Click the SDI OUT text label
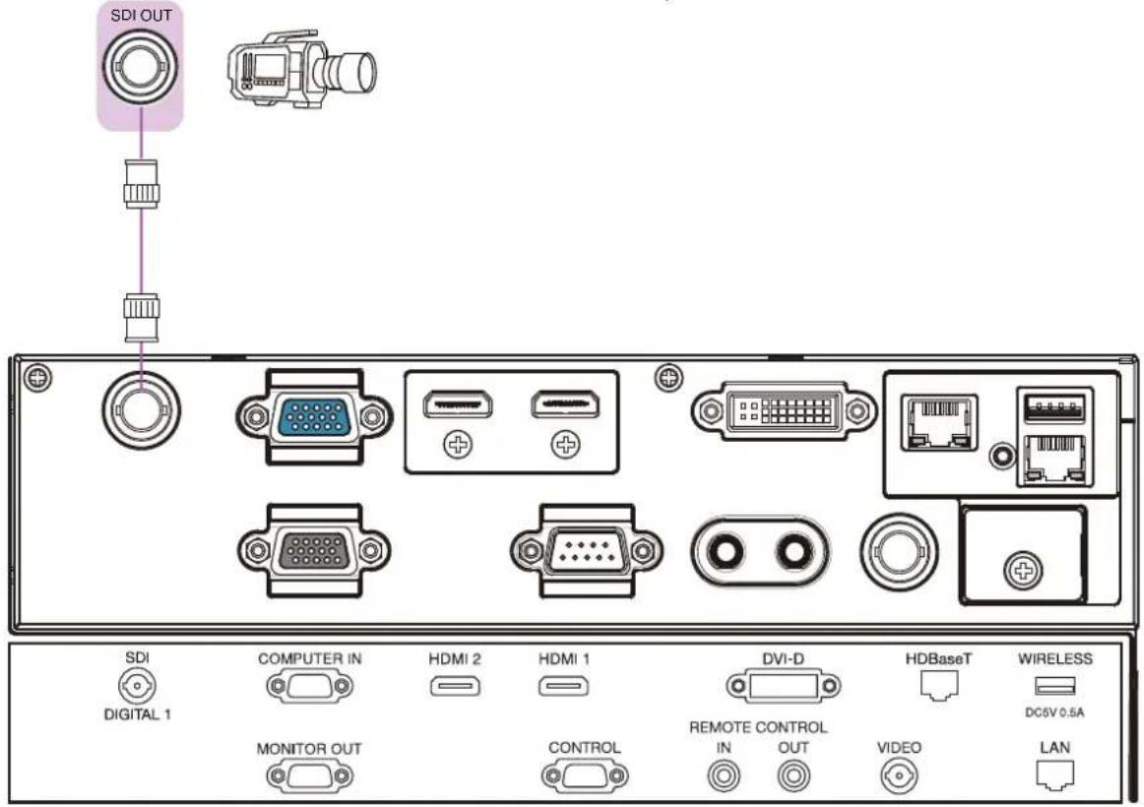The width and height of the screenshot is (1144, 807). pyautogui.click(x=141, y=15)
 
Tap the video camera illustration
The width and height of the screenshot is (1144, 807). pyautogui.click(x=303, y=69)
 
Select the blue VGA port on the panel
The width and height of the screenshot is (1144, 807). pyautogui.click(x=314, y=417)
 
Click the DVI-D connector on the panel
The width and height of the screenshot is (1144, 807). pyautogui.click(x=785, y=410)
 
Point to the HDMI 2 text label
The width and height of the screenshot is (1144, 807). pyautogui.click(x=455, y=659)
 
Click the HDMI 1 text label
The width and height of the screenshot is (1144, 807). pyautogui.click(x=564, y=659)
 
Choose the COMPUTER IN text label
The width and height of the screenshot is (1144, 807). pyautogui.click(x=309, y=659)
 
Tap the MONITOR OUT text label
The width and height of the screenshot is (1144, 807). pyautogui.click(x=309, y=749)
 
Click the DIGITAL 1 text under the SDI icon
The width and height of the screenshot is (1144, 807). pyautogui.click(x=137, y=714)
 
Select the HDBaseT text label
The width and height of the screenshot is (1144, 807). pyautogui.click(x=938, y=659)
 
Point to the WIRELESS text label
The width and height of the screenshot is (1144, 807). pyautogui.click(x=1055, y=659)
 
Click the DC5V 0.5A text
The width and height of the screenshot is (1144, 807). pyautogui.click(x=1054, y=713)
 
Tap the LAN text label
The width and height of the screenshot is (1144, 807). pyautogui.click(x=1055, y=747)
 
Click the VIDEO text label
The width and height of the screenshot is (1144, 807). pyautogui.click(x=899, y=747)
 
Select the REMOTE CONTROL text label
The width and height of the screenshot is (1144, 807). pyautogui.click(x=758, y=727)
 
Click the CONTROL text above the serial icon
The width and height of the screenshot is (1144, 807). pyautogui.click(x=585, y=747)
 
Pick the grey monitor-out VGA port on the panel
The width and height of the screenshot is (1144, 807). pyautogui.click(x=314, y=550)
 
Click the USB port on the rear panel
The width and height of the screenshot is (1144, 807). pyautogui.click(x=1054, y=407)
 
